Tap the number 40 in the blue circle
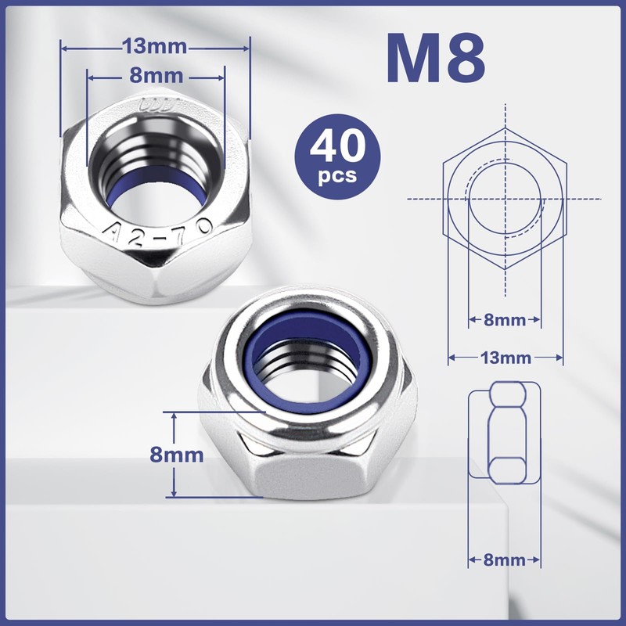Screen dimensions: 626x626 (338, 147)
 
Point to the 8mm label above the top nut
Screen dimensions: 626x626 (156, 76)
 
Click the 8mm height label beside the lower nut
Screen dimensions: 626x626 (178, 455)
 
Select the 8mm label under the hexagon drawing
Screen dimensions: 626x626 (505, 319)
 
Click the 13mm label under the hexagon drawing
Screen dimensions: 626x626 (505, 358)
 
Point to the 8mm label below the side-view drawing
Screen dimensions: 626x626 (505, 559)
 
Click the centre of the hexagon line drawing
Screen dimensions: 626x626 (505, 198)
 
